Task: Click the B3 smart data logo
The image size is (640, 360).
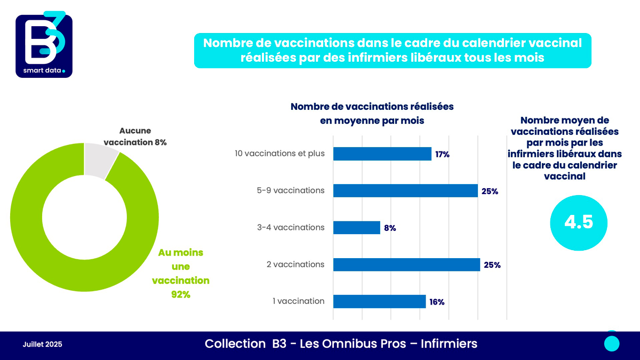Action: [x=44, y=45]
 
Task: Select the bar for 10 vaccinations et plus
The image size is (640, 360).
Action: [x=382, y=154]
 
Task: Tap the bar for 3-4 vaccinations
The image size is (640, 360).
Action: [x=357, y=228]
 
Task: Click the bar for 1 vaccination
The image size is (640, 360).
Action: [x=379, y=301]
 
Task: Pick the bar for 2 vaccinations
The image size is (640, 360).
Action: [x=406, y=265]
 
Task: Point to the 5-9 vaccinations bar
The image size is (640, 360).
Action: [x=405, y=191]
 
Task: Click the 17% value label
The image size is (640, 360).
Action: [x=442, y=155]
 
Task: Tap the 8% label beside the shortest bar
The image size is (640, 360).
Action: [x=389, y=228]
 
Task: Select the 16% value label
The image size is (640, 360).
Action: [x=437, y=302]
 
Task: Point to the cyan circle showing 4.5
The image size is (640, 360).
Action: [x=579, y=222]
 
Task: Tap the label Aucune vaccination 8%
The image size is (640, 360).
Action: [x=135, y=137]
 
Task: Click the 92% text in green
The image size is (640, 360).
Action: [x=180, y=294]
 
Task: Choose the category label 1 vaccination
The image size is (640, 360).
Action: [x=298, y=301]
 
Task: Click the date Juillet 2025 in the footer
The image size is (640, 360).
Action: [x=43, y=345]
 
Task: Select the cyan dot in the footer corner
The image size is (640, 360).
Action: [x=612, y=343]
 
